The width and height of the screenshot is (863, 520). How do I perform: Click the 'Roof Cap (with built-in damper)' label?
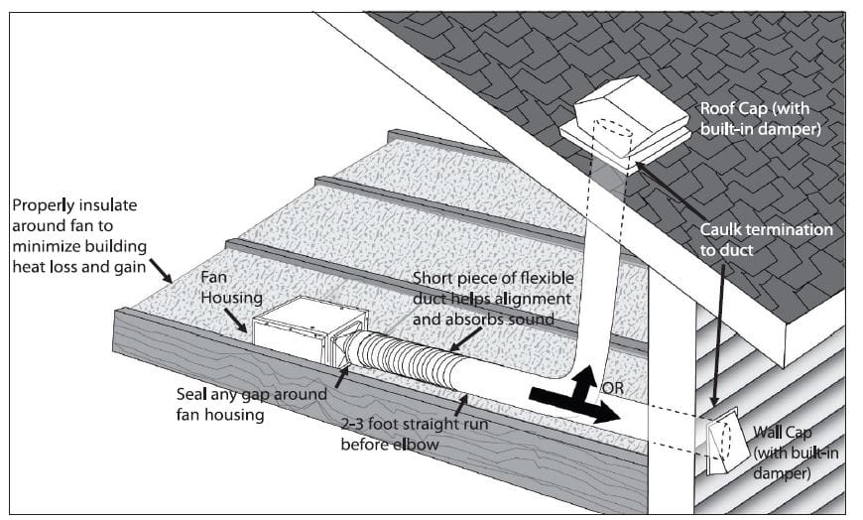click(x=763, y=117)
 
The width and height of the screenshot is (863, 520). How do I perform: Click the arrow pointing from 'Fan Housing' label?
click(x=238, y=317)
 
